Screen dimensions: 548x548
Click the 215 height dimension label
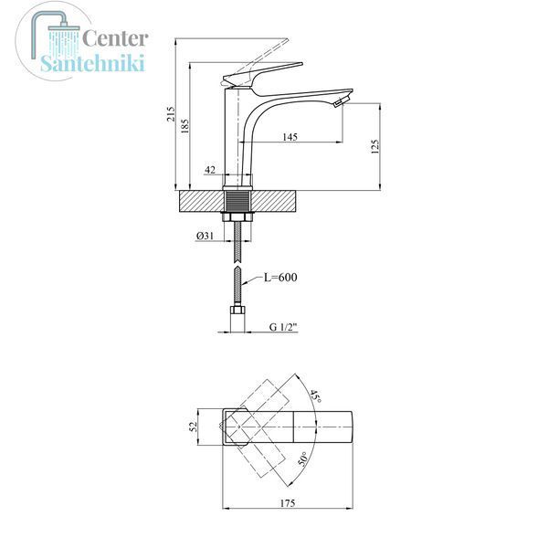coord(171,113)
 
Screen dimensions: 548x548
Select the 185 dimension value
coord(184,126)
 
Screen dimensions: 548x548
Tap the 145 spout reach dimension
coord(290,137)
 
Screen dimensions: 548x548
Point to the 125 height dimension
coord(374,147)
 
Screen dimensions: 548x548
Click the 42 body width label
coord(210,170)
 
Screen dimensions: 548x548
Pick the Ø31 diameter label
coord(205,236)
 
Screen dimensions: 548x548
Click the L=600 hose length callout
coord(280,278)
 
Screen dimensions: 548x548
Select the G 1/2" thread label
coord(283,327)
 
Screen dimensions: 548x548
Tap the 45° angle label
coord(315,396)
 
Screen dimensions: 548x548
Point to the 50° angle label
coord(303,459)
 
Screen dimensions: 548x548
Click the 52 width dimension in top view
coord(194,427)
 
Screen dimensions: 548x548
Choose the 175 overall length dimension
coord(288,503)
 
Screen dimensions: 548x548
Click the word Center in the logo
coord(115,38)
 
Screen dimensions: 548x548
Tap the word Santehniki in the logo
coord(92,63)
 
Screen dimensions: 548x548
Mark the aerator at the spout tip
coord(341,102)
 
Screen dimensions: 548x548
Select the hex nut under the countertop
coord(237,216)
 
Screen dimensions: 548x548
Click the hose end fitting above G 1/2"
coord(237,310)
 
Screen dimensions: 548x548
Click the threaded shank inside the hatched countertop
coord(237,201)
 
